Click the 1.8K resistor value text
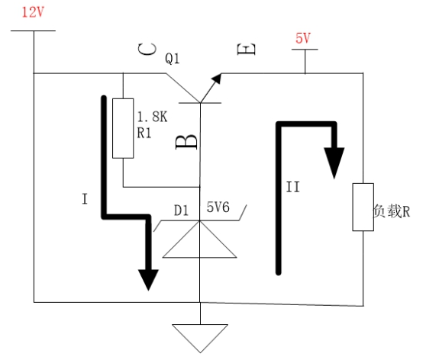(152, 118)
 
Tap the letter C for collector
(147, 50)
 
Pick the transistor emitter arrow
(219, 77)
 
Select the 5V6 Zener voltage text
(220, 207)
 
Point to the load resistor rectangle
(361, 206)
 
